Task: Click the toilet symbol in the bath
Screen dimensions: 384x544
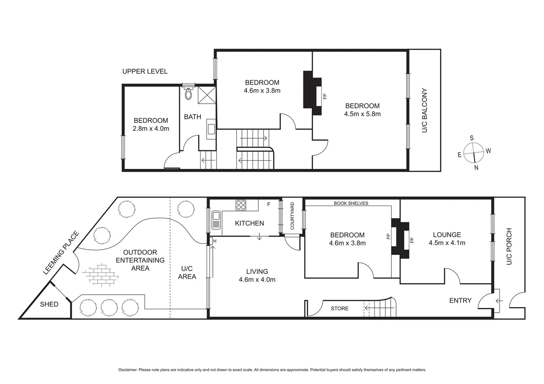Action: (x=188, y=94)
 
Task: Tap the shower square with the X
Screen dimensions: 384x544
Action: (x=207, y=95)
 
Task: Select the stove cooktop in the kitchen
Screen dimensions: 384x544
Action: (x=241, y=205)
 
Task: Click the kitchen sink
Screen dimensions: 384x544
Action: (x=216, y=220)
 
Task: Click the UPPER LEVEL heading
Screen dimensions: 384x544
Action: (x=145, y=71)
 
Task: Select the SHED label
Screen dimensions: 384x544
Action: (x=49, y=304)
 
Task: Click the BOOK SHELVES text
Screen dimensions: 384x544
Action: (x=351, y=203)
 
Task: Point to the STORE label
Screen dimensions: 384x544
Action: (x=339, y=309)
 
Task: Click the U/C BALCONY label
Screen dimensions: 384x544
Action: (x=424, y=111)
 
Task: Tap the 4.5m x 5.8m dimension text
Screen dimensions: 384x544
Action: (x=362, y=114)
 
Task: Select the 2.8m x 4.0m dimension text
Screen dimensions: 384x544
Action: (x=151, y=129)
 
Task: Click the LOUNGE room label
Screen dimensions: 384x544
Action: (x=447, y=235)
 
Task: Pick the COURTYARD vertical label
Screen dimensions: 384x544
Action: (x=292, y=216)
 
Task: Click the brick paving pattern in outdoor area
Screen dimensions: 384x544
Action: (x=101, y=274)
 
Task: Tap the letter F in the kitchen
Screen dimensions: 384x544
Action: (x=269, y=204)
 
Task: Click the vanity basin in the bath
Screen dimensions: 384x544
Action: (x=211, y=129)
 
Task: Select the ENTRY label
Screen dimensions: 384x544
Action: (x=460, y=301)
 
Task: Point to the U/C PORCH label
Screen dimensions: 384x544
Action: (x=509, y=246)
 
